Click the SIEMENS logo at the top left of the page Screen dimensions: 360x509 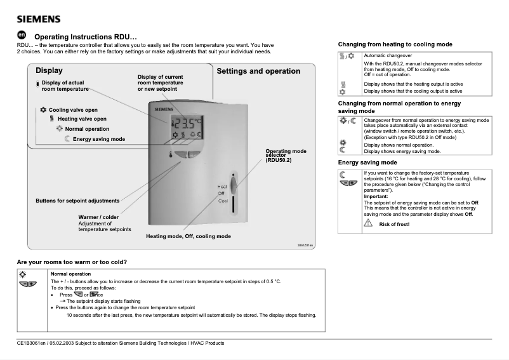[x=39, y=18]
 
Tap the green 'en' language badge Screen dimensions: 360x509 [x=21, y=36]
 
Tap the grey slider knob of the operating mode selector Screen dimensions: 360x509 [x=235, y=185]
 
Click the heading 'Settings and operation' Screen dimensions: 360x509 [x=258, y=71]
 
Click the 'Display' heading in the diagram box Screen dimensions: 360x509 [x=49, y=70]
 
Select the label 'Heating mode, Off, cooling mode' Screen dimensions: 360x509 [x=188, y=236]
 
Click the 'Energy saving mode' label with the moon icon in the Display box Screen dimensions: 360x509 [x=98, y=139]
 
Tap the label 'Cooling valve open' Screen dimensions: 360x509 [x=73, y=110]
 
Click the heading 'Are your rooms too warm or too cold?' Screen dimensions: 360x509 [x=72, y=262]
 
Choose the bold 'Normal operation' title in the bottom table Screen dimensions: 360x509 [x=70, y=274]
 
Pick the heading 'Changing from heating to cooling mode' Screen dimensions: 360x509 [x=395, y=44]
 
